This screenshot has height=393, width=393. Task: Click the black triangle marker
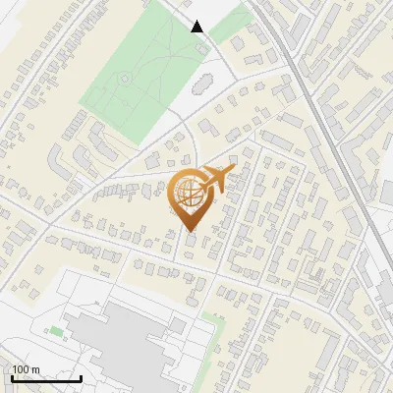(x=197, y=27)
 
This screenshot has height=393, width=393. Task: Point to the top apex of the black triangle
(x=197, y=21)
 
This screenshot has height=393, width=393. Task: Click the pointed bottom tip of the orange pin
(x=189, y=233)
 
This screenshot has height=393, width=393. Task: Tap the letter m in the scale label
(x=35, y=369)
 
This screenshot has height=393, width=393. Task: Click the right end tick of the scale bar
(x=81, y=377)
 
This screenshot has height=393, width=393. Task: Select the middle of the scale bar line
(x=45, y=379)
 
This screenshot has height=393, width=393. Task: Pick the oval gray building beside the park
(x=203, y=83)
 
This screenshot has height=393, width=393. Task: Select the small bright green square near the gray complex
(x=56, y=332)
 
